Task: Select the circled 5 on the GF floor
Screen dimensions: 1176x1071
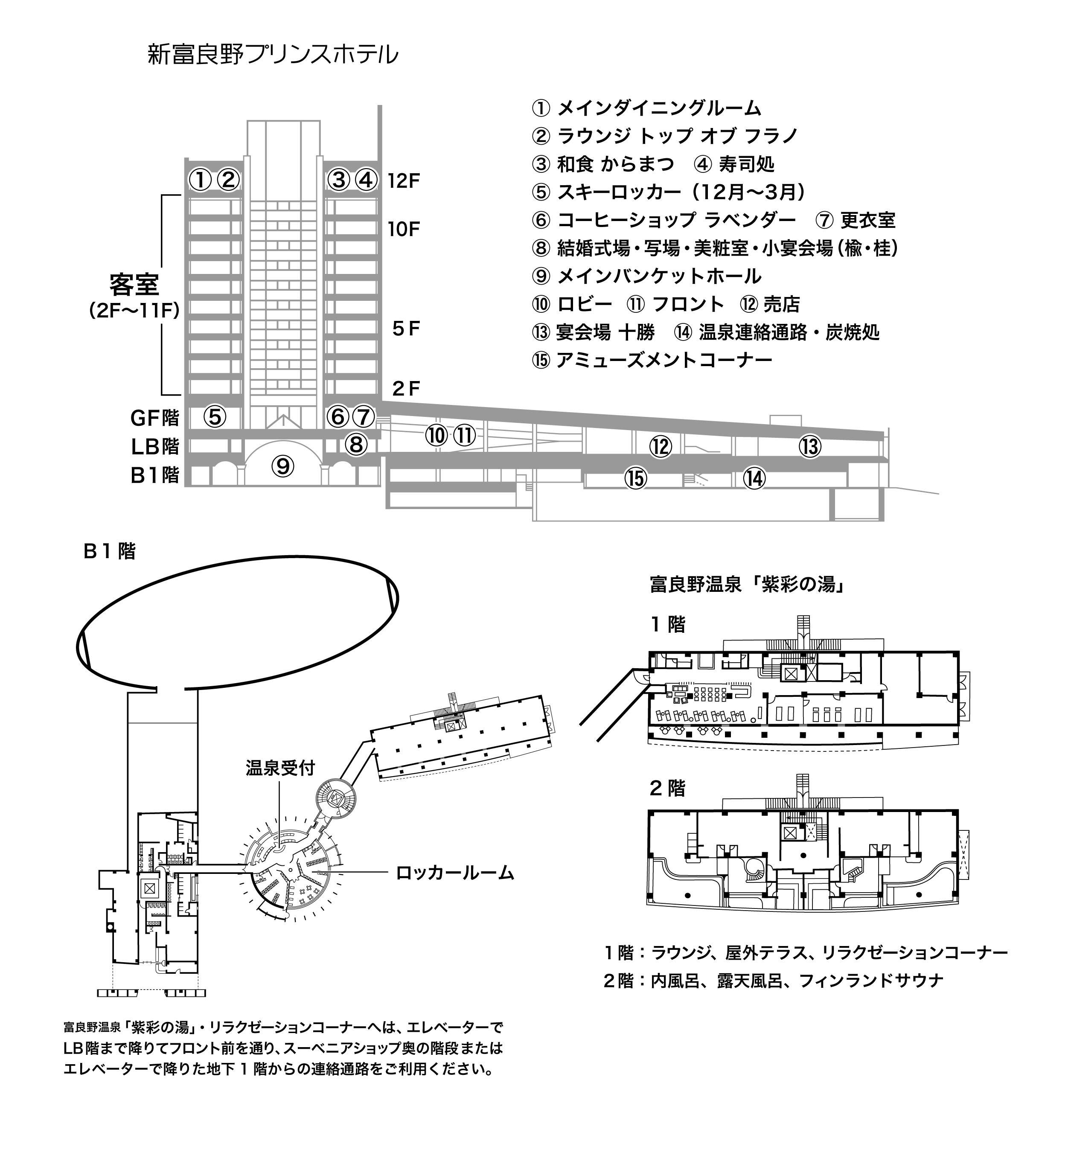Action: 215,416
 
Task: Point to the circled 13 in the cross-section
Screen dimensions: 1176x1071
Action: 810,447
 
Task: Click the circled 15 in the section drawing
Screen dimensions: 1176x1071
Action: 636,478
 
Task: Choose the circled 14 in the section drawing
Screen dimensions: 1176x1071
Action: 754,478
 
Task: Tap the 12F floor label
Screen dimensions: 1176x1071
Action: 404,181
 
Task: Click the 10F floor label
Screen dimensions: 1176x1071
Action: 404,229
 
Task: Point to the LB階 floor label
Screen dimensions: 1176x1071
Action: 154,446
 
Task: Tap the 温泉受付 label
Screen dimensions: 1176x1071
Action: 280,768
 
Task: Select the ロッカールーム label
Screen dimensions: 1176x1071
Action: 455,873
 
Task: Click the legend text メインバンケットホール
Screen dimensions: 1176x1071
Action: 659,276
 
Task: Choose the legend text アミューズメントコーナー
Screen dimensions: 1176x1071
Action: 664,360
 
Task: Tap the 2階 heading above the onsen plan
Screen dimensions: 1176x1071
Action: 667,789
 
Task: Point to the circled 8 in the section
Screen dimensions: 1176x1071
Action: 355,445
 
